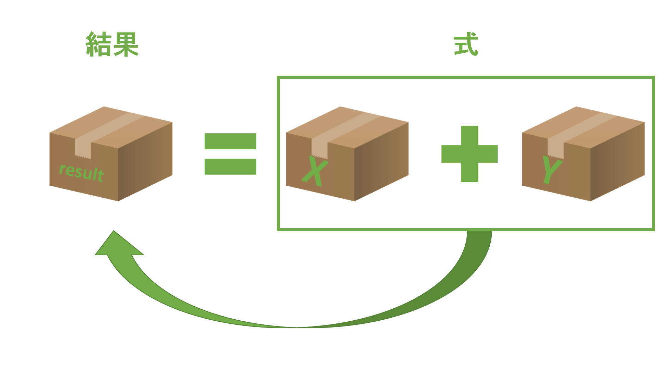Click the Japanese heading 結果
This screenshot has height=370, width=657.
[112, 44]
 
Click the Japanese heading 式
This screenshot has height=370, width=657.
[466, 44]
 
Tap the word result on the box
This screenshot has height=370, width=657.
[81, 172]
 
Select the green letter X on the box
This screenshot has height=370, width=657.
[315, 171]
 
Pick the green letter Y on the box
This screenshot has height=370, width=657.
[551, 169]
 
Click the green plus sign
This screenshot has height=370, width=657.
[469, 154]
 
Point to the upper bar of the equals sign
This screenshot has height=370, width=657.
[230, 141]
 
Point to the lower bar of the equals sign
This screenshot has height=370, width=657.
[230, 166]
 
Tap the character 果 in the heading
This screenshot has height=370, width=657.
[126, 44]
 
